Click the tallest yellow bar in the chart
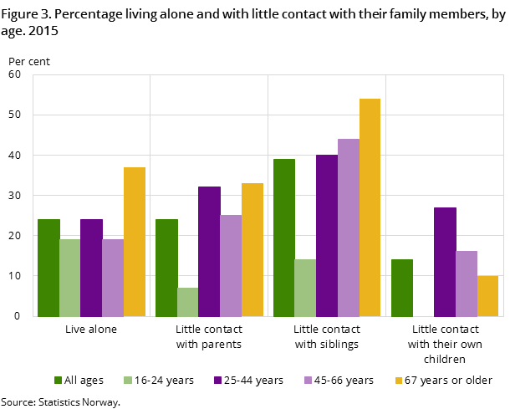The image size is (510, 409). coord(370,207)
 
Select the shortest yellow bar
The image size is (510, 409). coord(487,296)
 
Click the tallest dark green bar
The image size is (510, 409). coord(284,238)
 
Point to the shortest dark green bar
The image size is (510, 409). coord(402,288)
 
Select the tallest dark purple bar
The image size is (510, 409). coord(327,235)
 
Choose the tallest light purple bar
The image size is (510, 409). coord(349,228)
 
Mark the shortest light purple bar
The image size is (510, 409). coord(113,278)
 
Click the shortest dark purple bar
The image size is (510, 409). coord(91,268)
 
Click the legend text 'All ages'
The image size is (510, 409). coord(84,381)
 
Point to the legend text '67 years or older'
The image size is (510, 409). coord(448,381)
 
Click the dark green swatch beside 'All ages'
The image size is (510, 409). coord(58,381)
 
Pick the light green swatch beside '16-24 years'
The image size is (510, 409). coord(128,381)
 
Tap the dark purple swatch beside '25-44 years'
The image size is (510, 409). coord(217,381)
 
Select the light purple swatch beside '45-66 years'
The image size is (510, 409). coord(308,381)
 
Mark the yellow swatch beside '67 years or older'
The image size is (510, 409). coord(398,381)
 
